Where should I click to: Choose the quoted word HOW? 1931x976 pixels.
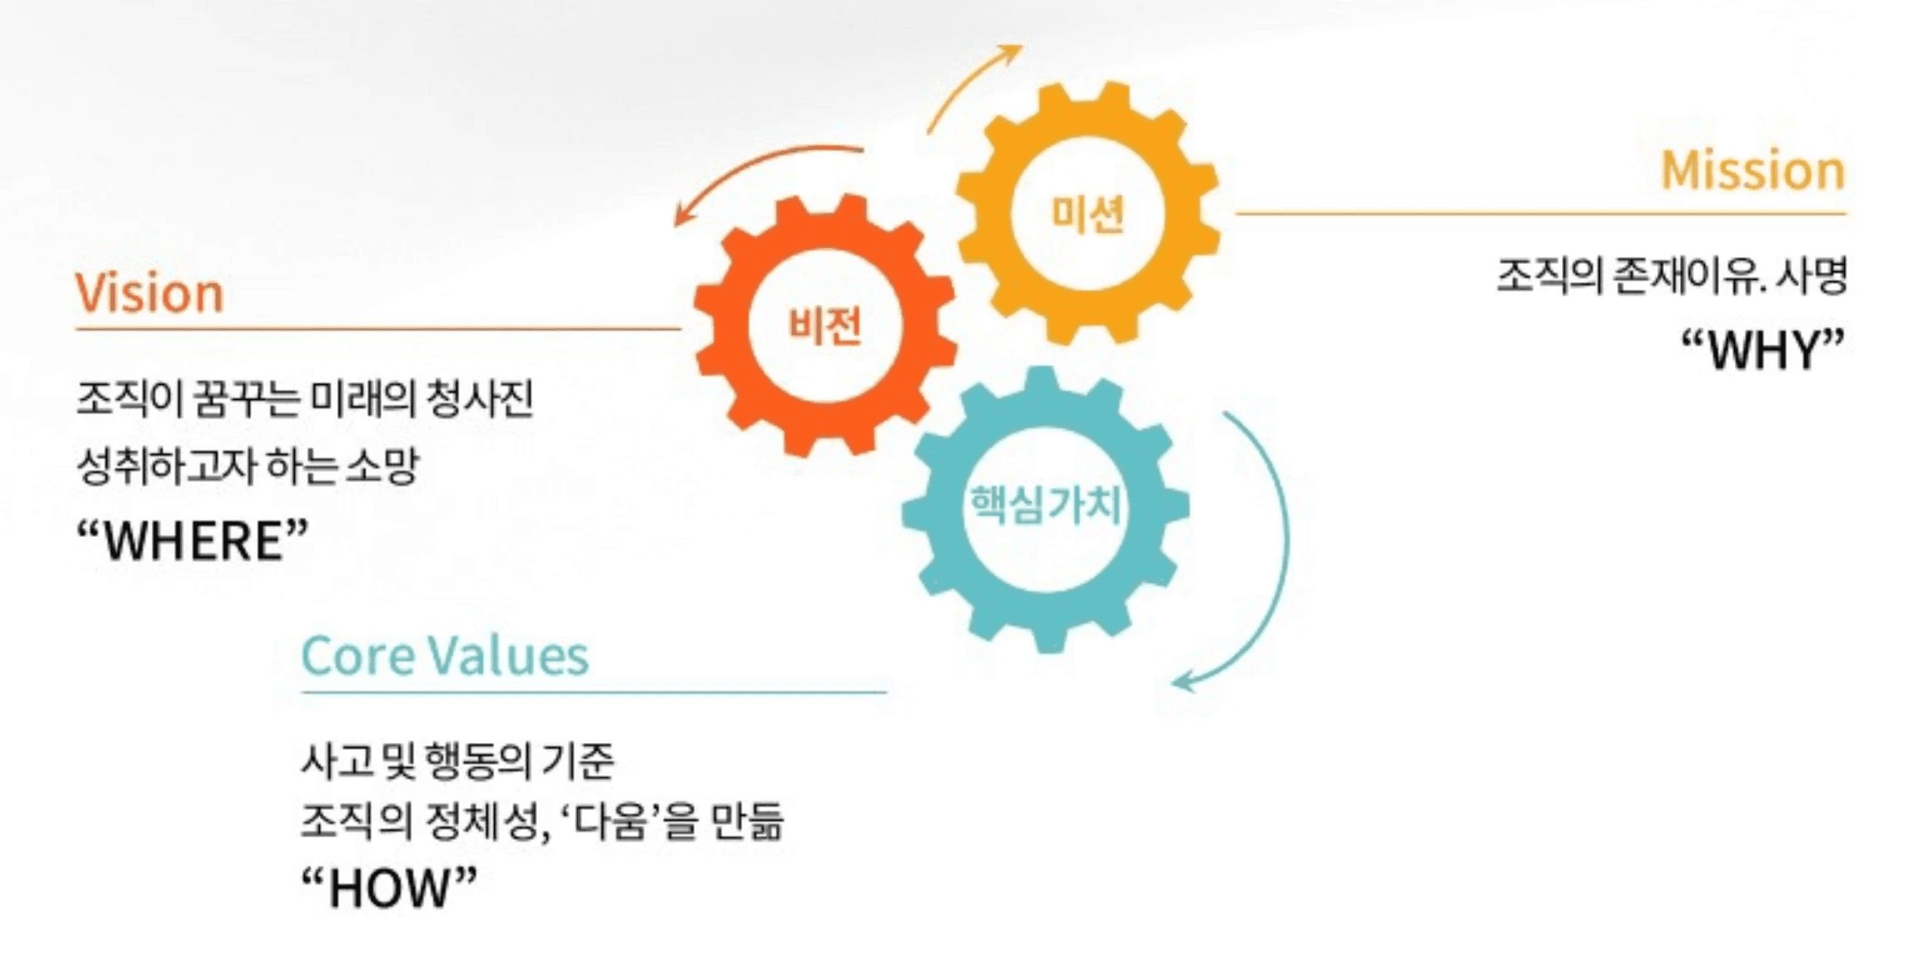[x=389, y=888]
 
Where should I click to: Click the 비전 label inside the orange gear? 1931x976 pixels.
[x=824, y=327]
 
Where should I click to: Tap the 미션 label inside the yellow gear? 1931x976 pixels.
[x=1087, y=213]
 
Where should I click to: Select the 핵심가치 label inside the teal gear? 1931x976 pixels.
[x=1045, y=504]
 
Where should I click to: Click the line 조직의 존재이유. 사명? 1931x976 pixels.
[x=1671, y=276]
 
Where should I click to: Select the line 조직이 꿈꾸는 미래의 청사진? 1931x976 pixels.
[x=305, y=398]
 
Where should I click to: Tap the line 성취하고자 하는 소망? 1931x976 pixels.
[x=247, y=466]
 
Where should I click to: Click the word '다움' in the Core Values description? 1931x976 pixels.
[x=609, y=821]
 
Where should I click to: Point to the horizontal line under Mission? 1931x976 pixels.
[x=1539, y=213]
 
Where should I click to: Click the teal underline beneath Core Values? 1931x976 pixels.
[x=593, y=692]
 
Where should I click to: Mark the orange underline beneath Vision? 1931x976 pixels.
[x=377, y=329]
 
